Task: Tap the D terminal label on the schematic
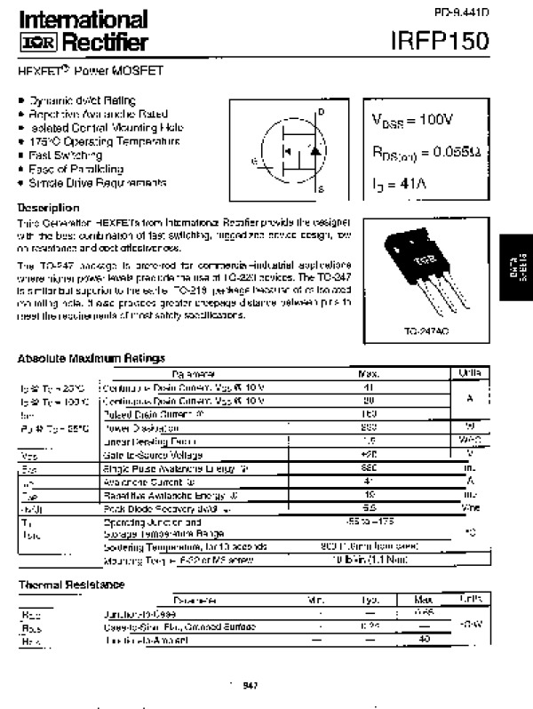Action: point(321,111)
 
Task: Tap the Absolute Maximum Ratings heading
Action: point(91,357)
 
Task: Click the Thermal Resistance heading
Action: point(72,584)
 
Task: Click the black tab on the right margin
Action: point(514,269)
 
